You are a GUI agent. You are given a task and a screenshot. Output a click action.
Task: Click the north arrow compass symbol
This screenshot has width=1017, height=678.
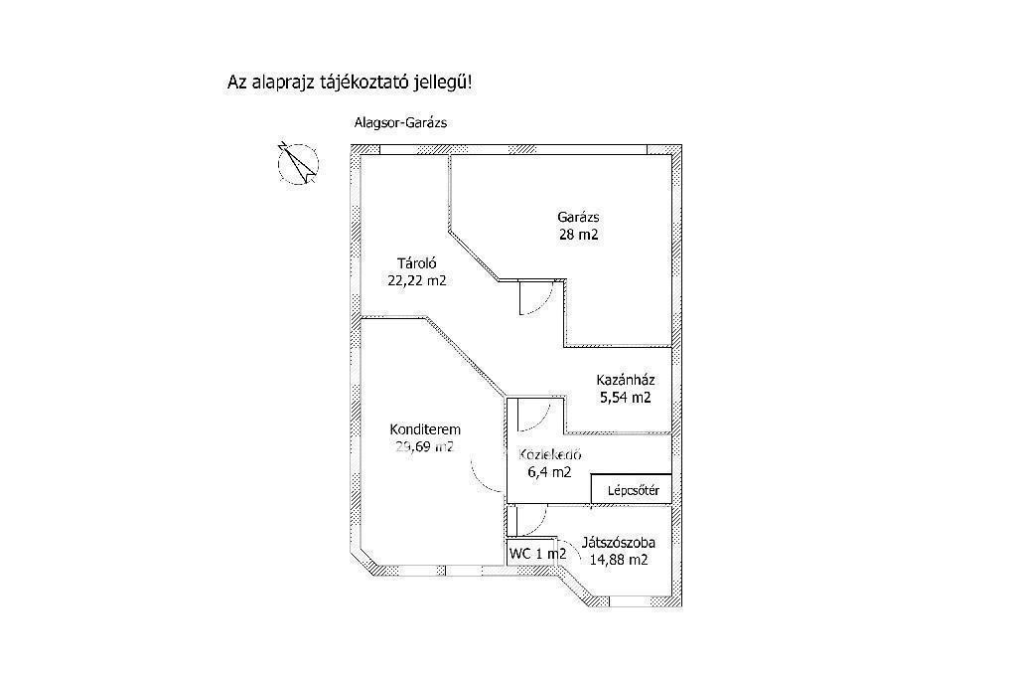point(297,163)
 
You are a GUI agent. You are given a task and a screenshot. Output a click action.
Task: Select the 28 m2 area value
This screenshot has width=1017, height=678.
point(580,236)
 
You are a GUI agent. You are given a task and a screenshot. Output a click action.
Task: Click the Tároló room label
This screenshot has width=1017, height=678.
point(417,263)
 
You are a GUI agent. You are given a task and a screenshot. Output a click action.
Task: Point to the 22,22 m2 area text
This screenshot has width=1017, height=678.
point(417,280)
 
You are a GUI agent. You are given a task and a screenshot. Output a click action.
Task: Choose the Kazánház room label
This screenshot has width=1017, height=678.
point(625,380)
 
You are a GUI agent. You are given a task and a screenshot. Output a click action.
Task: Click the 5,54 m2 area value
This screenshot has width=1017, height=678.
point(625,398)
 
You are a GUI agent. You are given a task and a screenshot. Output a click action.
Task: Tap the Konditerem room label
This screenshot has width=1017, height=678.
point(424,429)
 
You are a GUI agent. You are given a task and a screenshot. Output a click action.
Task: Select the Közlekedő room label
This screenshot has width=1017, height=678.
point(550,454)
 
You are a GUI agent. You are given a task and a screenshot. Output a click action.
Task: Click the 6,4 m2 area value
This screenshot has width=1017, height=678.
point(549,472)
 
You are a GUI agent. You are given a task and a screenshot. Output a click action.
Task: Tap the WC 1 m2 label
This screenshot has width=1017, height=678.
point(537,554)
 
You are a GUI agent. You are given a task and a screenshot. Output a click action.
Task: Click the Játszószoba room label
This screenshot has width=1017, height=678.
point(618,543)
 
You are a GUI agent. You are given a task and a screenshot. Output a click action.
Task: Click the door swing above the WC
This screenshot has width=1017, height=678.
point(530,519)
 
